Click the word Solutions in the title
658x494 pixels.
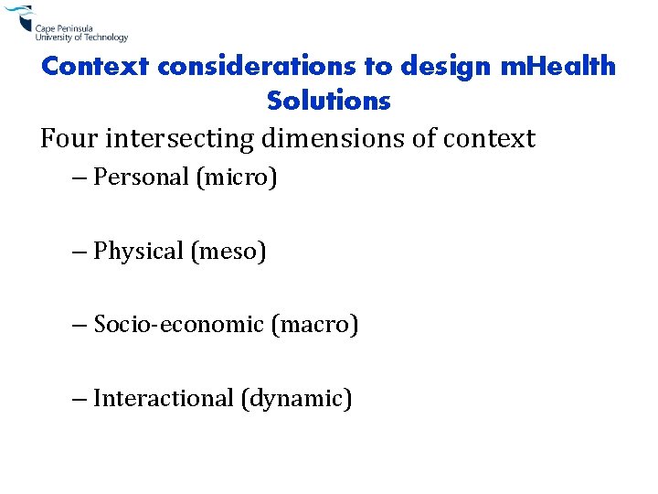(329, 101)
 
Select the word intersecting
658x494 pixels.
(180, 139)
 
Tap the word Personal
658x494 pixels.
(142, 177)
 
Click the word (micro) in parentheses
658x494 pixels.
(236, 177)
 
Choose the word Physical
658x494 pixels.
(139, 251)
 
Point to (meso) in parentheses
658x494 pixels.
(228, 251)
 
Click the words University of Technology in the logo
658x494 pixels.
(81, 38)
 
